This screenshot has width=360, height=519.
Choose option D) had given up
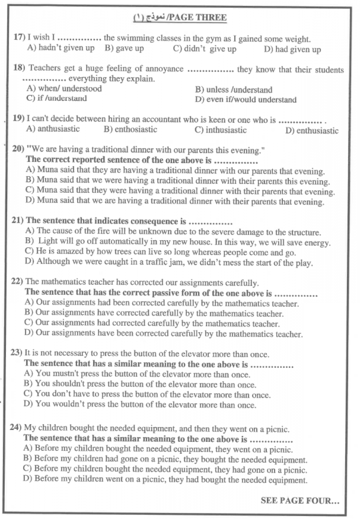292,50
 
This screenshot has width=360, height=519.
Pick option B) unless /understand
233,90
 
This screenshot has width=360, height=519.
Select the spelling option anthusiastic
53,129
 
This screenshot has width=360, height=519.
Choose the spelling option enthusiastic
312,131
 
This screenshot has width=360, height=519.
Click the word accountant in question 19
161,119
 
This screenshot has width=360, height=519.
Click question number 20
19,150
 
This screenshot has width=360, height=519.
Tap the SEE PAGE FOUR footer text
300,501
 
